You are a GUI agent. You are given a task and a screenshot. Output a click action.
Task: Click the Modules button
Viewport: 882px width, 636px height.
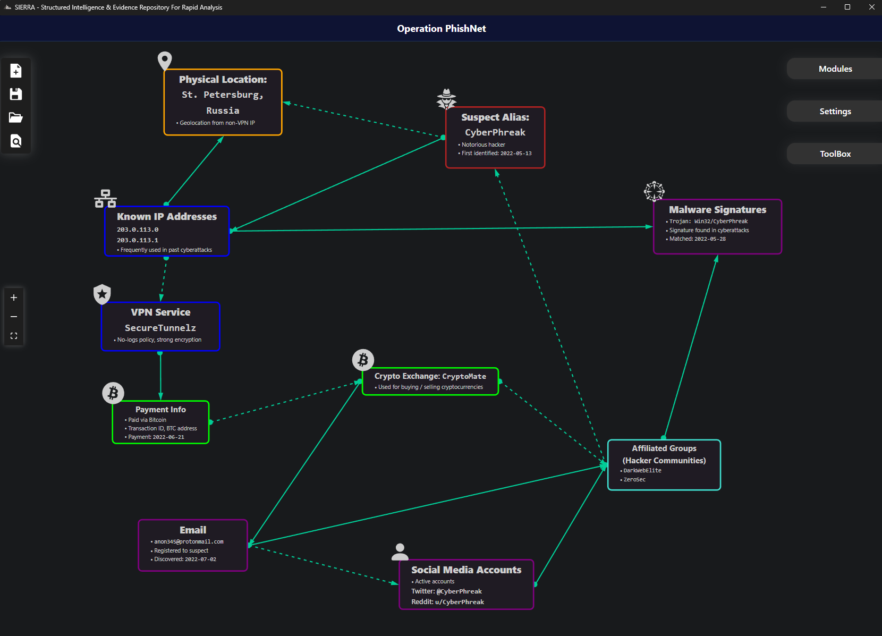835,69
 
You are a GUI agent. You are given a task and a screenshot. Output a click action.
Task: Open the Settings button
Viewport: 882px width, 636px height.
835,112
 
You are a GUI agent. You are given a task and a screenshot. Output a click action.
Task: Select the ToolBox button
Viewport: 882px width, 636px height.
835,154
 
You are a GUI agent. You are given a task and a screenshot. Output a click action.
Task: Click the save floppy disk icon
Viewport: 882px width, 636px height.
16,94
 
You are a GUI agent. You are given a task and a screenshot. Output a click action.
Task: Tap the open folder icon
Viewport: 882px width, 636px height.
16,117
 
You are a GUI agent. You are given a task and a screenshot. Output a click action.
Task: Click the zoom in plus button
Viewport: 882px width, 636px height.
14,298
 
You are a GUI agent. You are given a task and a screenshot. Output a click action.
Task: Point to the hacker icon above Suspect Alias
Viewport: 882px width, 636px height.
446,98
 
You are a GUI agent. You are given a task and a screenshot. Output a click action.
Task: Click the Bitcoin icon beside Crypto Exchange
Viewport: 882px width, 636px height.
363,360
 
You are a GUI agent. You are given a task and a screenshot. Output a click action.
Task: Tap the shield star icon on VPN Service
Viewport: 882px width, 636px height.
102,294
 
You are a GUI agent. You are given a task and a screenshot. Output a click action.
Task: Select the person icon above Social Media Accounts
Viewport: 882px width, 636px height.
400,552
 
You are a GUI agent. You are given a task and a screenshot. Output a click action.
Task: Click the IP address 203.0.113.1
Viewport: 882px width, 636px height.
138,240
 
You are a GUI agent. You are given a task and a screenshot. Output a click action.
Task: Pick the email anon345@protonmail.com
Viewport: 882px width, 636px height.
189,542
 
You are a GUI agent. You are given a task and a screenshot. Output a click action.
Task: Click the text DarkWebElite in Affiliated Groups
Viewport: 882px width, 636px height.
642,471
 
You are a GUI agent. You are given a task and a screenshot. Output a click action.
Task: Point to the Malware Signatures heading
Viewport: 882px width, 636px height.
717,210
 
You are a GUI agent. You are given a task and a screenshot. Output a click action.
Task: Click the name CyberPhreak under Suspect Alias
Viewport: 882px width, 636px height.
495,132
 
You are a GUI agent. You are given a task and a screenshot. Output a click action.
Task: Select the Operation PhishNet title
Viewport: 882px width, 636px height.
442,29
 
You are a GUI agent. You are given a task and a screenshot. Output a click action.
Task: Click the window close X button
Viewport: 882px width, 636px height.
871,7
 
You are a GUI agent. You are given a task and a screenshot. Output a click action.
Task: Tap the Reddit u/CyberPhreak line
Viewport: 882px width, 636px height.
448,602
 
